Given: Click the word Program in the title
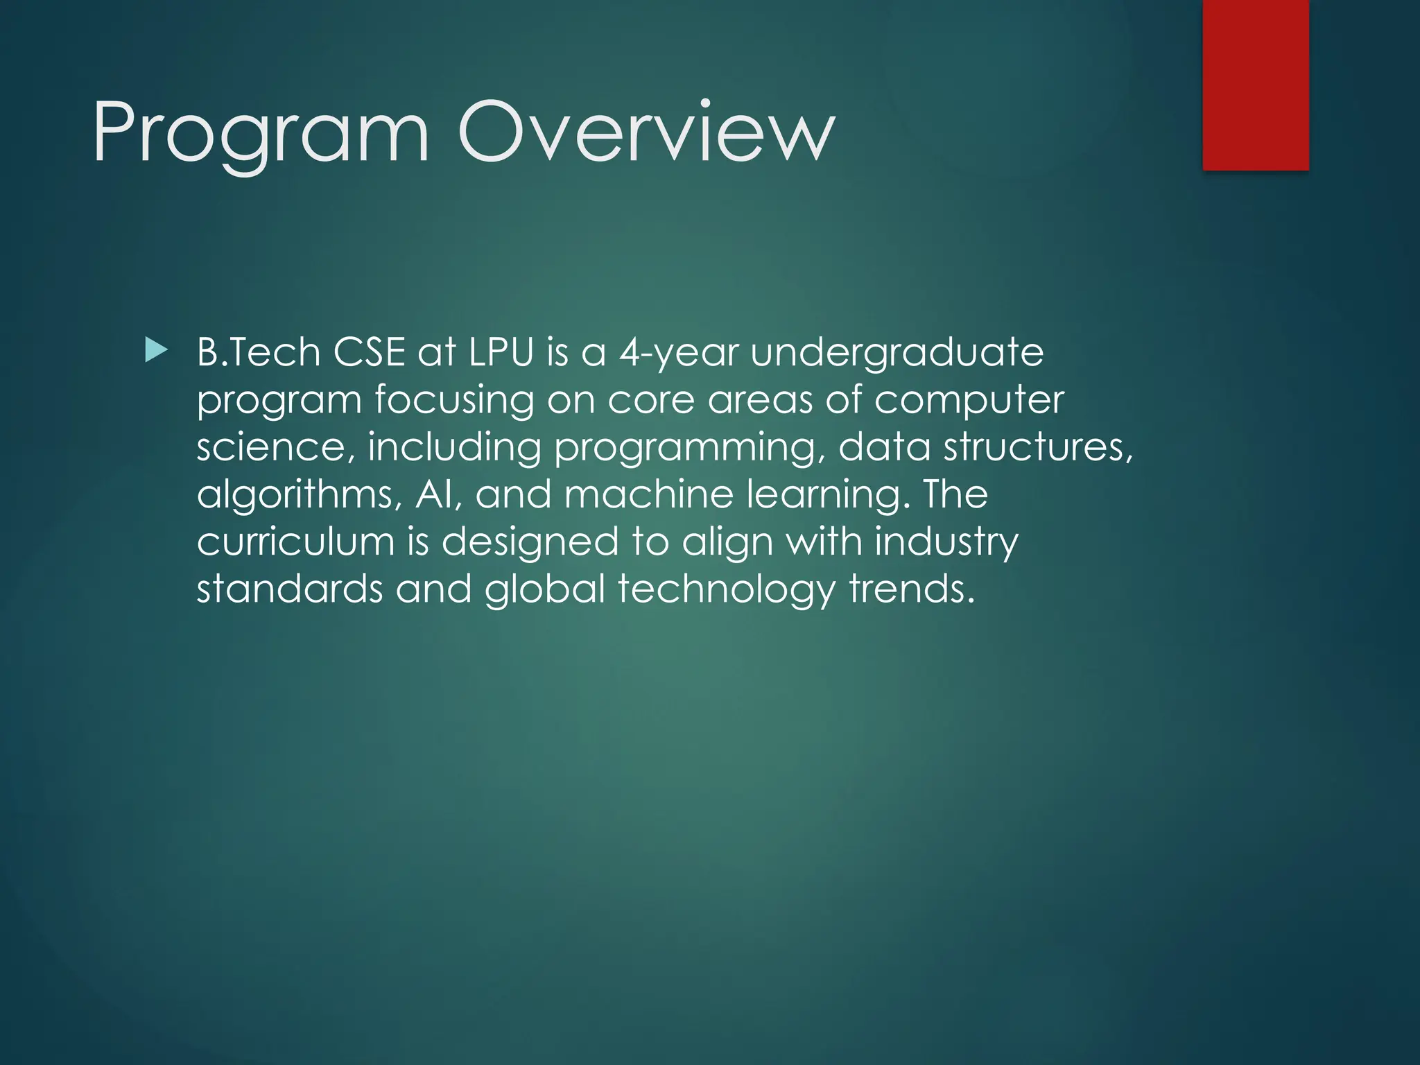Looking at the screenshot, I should click(260, 133).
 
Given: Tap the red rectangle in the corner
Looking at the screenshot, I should click(1256, 85).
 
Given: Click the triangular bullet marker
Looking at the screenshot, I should click(156, 351).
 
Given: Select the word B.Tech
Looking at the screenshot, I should click(258, 352).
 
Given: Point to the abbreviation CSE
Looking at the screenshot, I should click(369, 352).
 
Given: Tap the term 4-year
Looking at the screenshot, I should click(678, 354).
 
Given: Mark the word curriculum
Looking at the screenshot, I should click(295, 542).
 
